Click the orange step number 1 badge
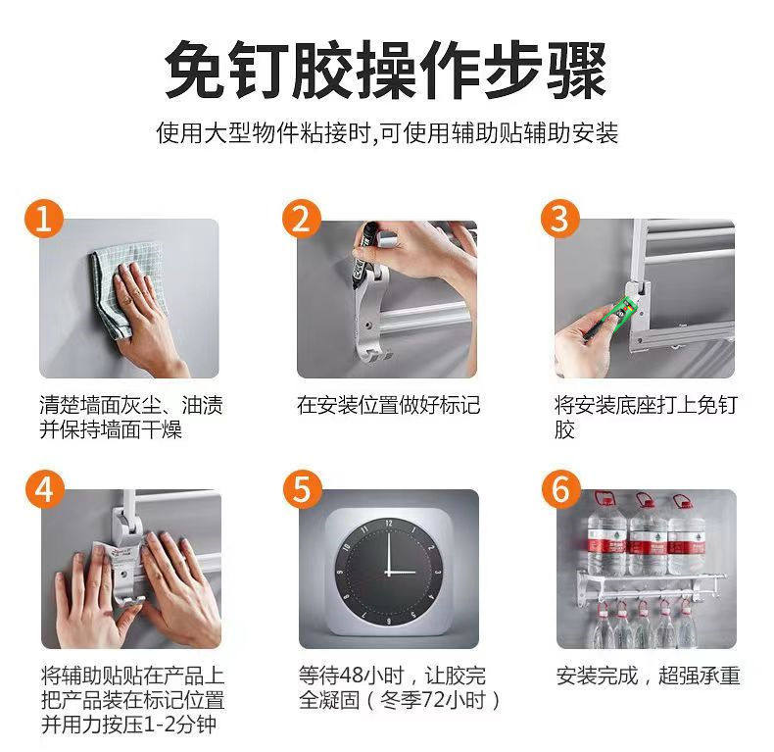pos(44,219)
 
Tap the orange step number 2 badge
pos(302,219)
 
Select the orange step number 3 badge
pos(559,219)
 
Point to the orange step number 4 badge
pos(45,489)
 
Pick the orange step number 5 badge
pos(302,489)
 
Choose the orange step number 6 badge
pos(560,489)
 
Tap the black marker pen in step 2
pos(362,255)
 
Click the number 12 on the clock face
pos(389,523)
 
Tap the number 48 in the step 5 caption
pos(353,676)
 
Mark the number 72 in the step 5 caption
pos(434,700)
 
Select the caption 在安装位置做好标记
pos(388,405)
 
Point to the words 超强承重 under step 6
pos(700,676)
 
